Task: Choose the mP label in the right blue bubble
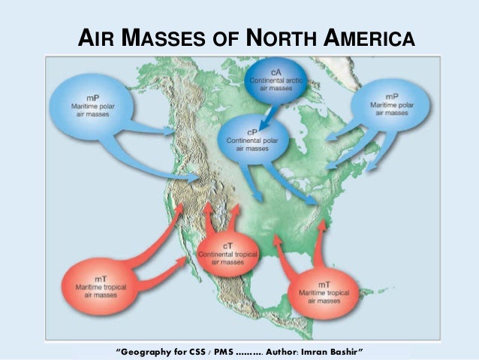click(392, 97)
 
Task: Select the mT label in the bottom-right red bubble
click(325, 284)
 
